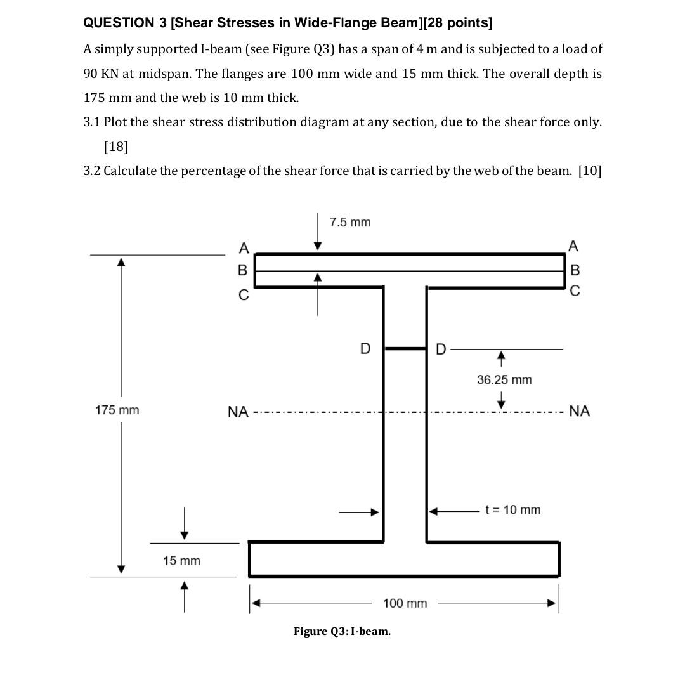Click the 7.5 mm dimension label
350,223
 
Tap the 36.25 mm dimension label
504,380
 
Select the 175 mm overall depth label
117,410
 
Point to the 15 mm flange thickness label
181,561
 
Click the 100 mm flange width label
405,603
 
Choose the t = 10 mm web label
512,510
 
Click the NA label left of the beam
238,412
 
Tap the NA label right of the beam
580,412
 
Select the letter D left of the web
365,349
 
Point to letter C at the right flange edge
575,292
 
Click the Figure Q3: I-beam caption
342,632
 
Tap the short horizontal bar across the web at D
405,348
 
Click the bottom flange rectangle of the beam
404,559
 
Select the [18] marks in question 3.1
115,147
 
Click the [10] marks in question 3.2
589,171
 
